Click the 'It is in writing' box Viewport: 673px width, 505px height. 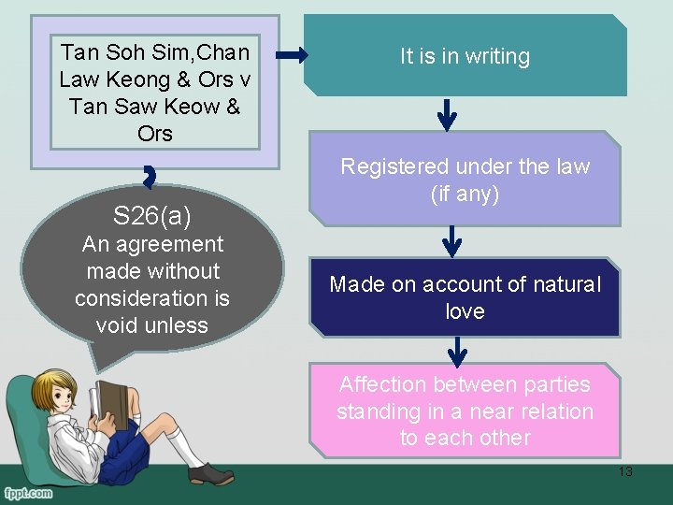[x=465, y=56]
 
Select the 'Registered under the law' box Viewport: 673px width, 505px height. [x=465, y=179]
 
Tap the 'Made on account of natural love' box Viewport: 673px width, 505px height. [x=465, y=297]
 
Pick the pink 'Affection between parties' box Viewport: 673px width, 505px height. [x=465, y=411]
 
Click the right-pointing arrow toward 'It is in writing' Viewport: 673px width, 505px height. [x=292, y=56]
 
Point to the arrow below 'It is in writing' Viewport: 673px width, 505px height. [x=448, y=115]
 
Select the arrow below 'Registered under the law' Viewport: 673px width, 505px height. [x=452, y=242]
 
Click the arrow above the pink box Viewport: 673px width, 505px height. [x=457, y=352]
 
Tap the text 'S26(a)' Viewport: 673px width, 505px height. [x=152, y=217]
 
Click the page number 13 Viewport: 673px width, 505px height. [x=625, y=471]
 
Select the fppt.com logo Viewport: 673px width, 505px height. [x=27, y=492]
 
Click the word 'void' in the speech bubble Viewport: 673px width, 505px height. [x=114, y=325]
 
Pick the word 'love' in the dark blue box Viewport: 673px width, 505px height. [x=465, y=311]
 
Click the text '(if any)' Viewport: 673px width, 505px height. [x=465, y=194]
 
